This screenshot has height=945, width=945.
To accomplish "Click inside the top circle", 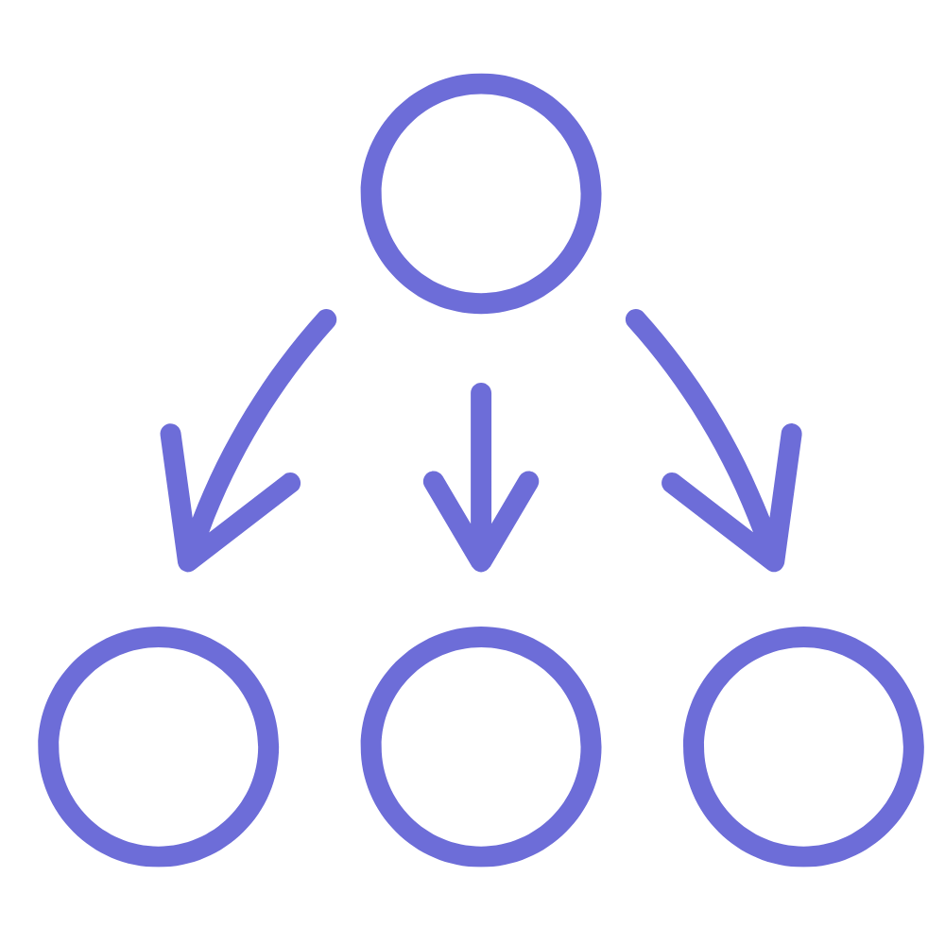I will (480, 193).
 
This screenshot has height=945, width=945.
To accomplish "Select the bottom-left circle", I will (158, 747).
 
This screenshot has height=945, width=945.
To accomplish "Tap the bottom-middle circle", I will (480, 747).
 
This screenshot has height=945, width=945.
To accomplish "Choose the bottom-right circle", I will (803, 747).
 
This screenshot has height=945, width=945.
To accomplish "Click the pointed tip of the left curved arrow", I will (188, 562).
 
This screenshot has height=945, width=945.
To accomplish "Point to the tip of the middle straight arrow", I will (481, 562).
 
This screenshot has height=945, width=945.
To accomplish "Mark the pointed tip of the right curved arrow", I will (775, 562).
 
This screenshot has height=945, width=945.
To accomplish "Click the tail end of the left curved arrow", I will (327, 318).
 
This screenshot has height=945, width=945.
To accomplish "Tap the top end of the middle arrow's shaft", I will (481, 393).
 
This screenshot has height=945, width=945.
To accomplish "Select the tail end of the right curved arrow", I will (635, 318).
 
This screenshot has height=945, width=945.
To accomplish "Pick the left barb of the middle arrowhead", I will (433, 480).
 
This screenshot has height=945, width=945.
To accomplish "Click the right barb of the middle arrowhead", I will (529, 480).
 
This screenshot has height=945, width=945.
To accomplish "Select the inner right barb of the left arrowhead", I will (291, 483).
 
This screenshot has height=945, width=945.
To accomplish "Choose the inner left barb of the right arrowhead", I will (671, 483).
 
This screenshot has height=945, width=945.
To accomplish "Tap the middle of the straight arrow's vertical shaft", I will (481, 472).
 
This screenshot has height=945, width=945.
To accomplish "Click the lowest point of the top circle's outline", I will (480, 302).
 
